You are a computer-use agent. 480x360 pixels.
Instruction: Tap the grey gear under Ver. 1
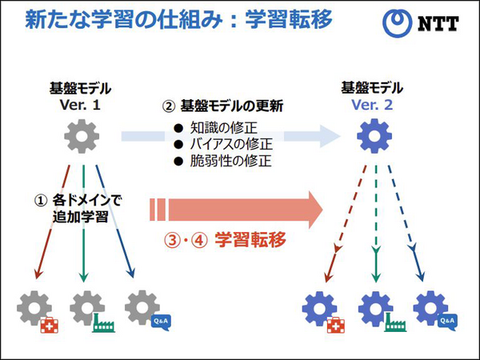pos(82,137)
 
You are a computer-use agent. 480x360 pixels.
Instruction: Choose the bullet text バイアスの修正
pos(231,144)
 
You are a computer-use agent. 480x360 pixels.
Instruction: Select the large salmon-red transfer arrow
pos(240,210)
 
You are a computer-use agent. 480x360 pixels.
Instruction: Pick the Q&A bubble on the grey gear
pos(161,322)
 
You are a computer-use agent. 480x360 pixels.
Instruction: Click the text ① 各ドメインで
pos(78,199)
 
